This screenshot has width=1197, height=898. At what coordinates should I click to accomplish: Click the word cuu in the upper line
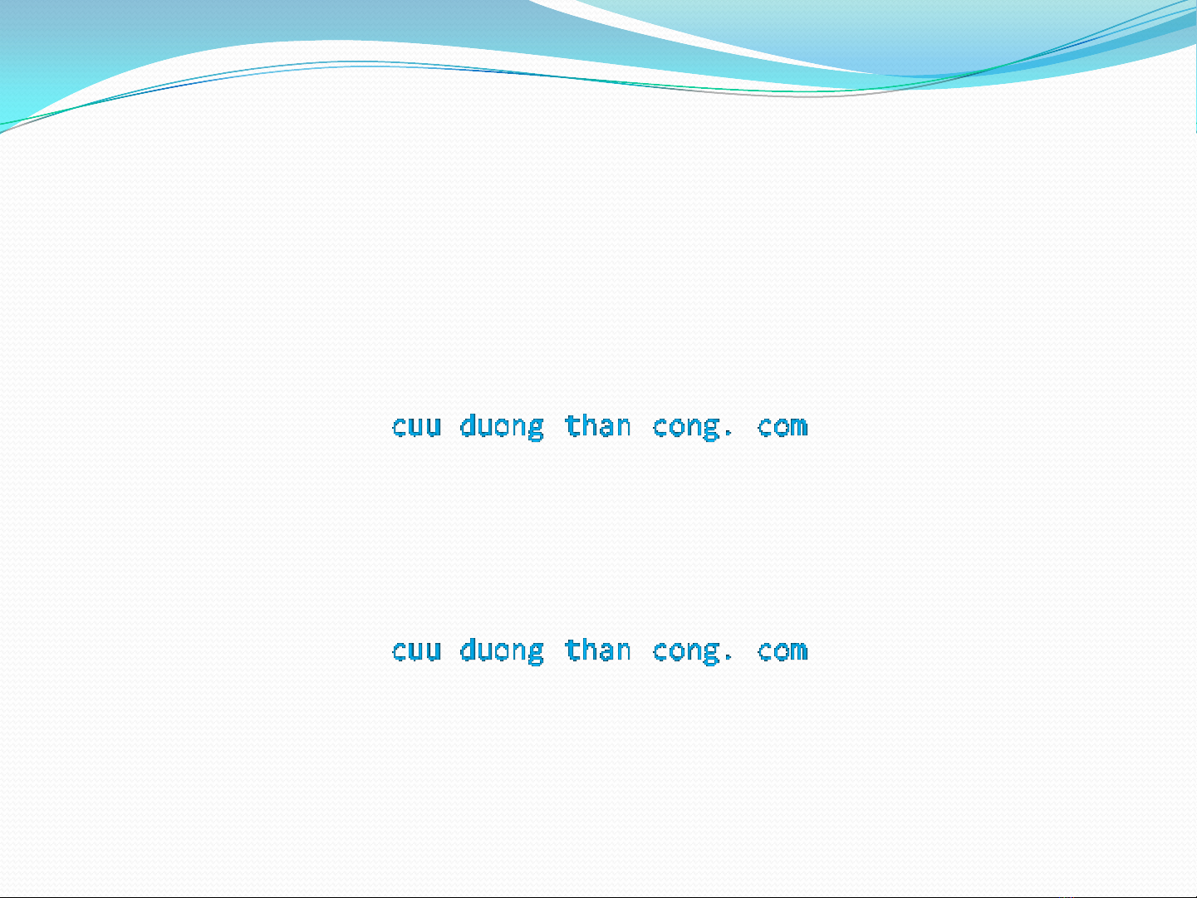pos(417,426)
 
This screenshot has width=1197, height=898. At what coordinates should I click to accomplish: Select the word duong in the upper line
pos(502,428)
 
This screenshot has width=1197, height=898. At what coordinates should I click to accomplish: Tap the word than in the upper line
pos(598,425)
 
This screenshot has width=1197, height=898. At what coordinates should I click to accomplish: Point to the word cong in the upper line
pos(686,429)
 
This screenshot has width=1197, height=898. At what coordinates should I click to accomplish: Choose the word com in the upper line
pos(782,426)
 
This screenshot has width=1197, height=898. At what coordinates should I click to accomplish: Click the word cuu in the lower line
pos(417,651)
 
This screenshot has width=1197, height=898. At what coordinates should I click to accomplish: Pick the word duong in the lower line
pos(502,652)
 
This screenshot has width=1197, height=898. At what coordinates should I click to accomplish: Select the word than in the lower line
pos(598,650)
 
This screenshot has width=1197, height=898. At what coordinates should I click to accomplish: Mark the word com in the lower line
pos(782,651)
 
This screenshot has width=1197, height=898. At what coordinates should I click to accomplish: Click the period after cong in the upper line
pos(729,434)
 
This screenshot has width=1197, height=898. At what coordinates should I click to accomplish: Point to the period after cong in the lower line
pos(729,659)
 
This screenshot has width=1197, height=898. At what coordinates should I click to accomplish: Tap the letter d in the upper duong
pos(468,425)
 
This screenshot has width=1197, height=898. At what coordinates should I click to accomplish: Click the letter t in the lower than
pos(572,650)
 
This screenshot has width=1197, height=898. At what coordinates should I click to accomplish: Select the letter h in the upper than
pos(590,425)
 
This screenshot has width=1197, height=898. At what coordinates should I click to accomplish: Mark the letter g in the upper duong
pos(537,429)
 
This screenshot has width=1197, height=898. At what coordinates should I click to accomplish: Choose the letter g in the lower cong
pos(712,654)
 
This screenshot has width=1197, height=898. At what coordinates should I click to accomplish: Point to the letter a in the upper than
pos(606,427)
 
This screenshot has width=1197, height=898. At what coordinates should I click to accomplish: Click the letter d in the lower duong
pos(468,650)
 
